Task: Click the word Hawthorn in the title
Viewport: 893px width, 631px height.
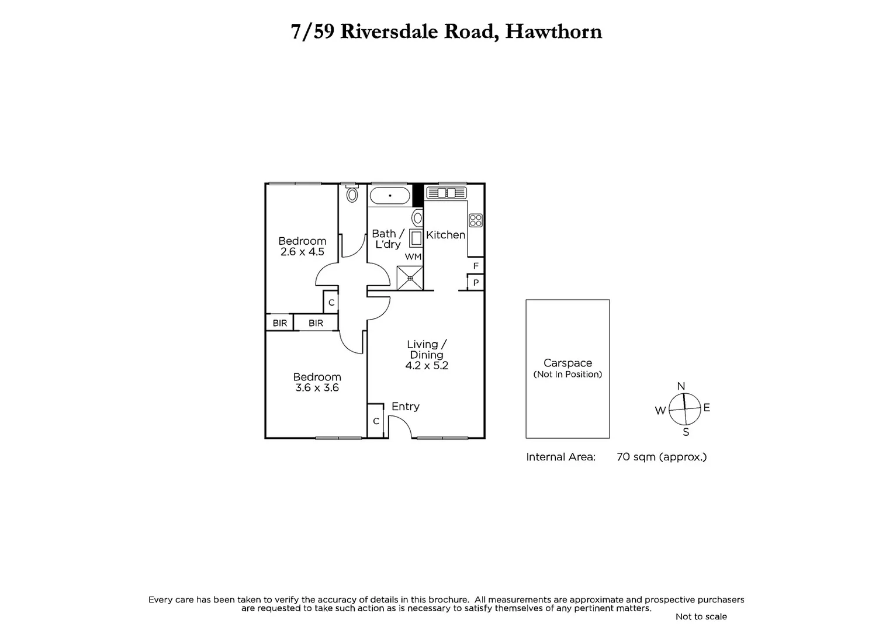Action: click(553, 32)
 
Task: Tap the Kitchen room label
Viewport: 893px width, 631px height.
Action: click(445, 235)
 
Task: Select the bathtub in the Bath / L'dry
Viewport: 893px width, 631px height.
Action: click(390, 196)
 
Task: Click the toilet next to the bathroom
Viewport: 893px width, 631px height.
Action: click(352, 194)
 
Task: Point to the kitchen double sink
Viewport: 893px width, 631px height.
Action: click(446, 193)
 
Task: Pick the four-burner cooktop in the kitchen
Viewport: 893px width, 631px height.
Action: click(476, 220)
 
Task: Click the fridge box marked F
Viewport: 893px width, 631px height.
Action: click(476, 266)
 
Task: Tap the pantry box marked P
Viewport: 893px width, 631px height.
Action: click(476, 283)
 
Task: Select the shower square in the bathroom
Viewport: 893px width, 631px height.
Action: click(410, 278)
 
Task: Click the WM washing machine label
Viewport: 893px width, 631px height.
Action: click(413, 256)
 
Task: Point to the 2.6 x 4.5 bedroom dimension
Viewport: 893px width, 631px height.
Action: click(302, 252)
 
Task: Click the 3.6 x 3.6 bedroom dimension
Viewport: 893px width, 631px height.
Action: click(317, 387)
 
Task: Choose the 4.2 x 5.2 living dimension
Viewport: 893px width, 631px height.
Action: click(427, 366)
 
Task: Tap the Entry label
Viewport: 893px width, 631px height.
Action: click(405, 407)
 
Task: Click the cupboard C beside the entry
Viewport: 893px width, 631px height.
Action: click(376, 421)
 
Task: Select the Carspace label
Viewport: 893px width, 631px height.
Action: click(567, 363)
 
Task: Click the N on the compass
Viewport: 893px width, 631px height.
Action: click(681, 386)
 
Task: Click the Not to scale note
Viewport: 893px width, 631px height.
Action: click(701, 616)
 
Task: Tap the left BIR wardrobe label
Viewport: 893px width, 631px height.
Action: click(280, 323)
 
